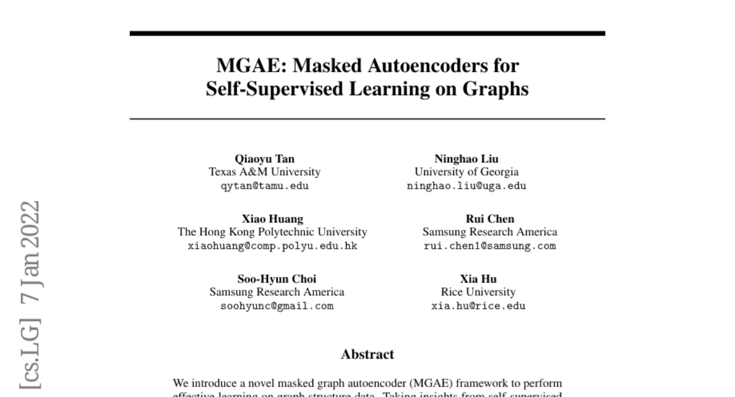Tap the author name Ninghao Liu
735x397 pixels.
[466, 159]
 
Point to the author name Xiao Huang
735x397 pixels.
[273, 219]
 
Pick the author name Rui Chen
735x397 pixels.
[490, 219]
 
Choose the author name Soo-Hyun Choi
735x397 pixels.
[277, 279]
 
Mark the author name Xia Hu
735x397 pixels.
[478, 279]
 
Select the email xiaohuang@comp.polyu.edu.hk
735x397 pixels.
[273, 246]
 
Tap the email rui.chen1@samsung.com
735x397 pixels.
[490, 246]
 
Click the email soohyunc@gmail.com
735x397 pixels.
[277, 306]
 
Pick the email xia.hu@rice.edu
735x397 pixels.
[478, 306]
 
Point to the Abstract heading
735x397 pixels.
[367, 354]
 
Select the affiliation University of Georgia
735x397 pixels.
[466, 172]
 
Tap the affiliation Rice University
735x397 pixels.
[478, 292]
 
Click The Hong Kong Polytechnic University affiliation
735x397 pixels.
[273, 232]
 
